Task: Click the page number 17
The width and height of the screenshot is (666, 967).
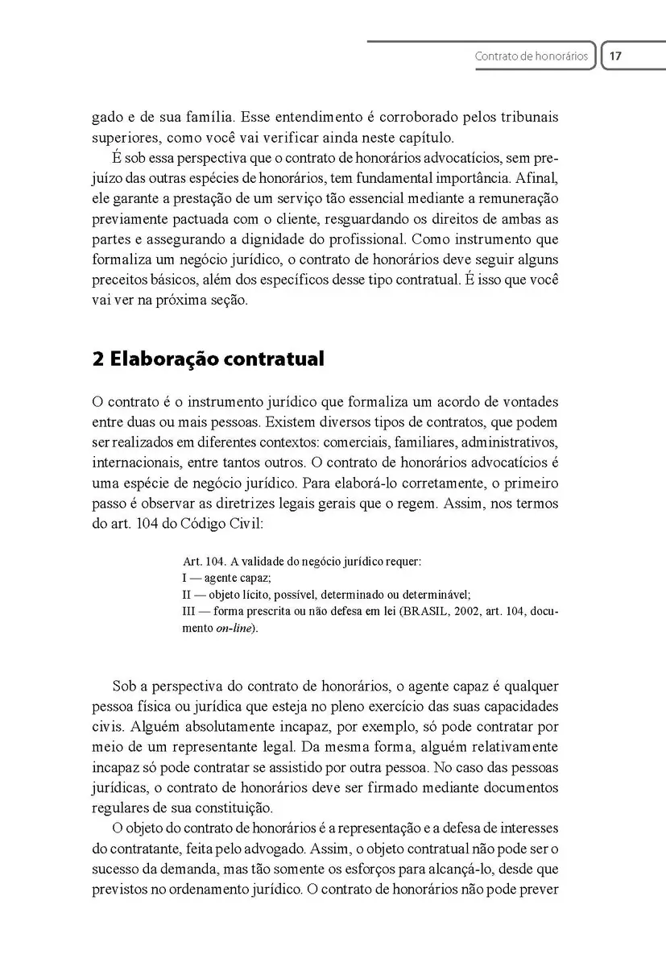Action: (x=616, y=56)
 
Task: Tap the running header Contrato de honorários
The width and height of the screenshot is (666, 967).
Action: (x=532, y=57)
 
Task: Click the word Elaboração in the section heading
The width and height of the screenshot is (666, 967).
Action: (x=152, y=359)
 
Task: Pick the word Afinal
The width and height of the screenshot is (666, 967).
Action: (x=536, y=179)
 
